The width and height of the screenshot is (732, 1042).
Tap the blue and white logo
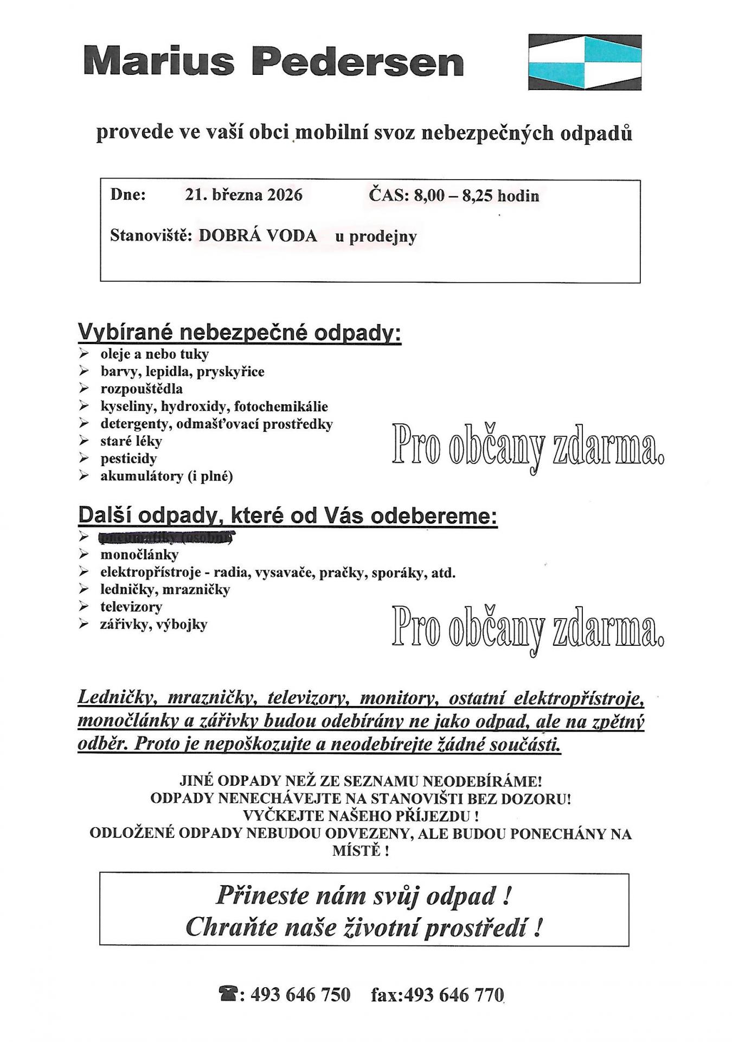click(585, 62)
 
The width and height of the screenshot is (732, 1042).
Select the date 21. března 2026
click(243, 195)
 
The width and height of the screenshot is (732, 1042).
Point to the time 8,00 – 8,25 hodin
click(476, 195)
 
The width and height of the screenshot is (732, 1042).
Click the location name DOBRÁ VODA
click(258, 236)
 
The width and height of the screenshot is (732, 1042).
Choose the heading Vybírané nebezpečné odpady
click(240, 332)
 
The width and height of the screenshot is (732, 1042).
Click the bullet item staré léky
click(131, 441)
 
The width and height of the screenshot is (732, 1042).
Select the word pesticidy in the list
click(129, 459)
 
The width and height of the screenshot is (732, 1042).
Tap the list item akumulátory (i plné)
click(166, 476)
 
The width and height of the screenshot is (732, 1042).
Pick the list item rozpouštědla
click(142, 389)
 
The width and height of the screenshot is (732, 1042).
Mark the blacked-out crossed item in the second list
click(166, 538)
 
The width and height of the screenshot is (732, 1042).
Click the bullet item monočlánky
click(139, 555)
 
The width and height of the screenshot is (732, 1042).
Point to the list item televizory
click(131, 607)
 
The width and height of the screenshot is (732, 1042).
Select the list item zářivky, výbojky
click(154, 625)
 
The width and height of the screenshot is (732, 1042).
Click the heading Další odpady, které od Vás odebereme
click(287, 515)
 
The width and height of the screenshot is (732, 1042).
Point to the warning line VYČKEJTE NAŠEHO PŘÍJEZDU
click(361, 816)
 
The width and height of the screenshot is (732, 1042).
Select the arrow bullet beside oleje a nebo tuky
click(84, 354)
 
